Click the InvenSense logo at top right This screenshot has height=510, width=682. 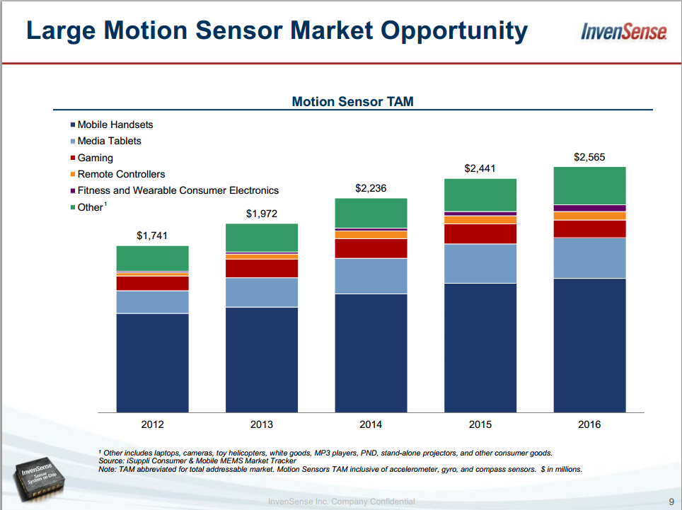(x=623, y=31)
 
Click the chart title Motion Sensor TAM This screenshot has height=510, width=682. (x=352, y=102)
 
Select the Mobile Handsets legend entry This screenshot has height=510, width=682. (x=115, y=124)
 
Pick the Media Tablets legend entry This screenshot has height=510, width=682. (x=109, y=141)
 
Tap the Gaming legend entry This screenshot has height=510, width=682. (x=95, y=158)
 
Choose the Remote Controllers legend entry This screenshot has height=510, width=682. (x=121, y=174)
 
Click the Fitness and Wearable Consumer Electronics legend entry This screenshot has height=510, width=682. (x=178, y=190)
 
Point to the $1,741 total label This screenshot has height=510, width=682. (x=152, y=236)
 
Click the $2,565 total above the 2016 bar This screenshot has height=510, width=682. (x=589, y=157)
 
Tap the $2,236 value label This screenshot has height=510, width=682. (x=371, y=188)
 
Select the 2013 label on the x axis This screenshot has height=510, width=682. (x=262, y=424)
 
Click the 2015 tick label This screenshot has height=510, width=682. (x=480, y=424)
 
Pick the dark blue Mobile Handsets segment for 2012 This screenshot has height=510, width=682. (x=152, y=362)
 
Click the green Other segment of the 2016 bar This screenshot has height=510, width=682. (x=589, y=185)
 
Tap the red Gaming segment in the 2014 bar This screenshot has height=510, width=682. (x=371, y=248)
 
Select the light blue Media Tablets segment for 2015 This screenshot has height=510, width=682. (x=480, y=264)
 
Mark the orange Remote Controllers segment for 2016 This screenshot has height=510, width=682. (x=589, y=216)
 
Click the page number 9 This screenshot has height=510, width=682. (x=671, y=502)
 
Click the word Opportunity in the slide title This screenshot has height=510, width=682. (x=453, y=30)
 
